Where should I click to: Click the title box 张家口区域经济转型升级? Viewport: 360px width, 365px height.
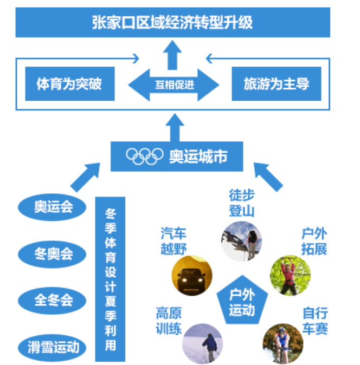point(172,23)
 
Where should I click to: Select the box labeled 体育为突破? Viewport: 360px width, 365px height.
point(69,84)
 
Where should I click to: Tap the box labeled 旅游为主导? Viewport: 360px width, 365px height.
point(276,84)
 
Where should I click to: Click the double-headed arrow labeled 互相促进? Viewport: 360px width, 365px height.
point(173,84)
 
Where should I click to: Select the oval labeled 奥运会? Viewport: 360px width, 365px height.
point(53,207)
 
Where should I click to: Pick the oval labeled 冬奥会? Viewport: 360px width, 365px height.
point(53,253)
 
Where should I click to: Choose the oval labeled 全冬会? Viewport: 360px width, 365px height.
point(53,299)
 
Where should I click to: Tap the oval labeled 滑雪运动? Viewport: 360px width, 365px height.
point(53,346)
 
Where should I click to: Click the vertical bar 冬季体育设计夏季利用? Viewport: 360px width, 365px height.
point(110,279)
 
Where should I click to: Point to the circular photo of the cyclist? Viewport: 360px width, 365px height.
point(282,342)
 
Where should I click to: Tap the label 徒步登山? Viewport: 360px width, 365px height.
point(242,203)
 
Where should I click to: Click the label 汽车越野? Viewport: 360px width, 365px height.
point(173,242)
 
